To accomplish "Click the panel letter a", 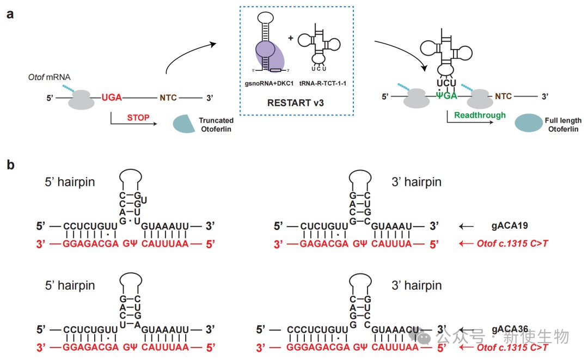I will pos(10,14).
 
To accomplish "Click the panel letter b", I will pos(10,164).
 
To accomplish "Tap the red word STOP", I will pos(138,117).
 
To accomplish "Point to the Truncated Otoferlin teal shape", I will pos(185,124).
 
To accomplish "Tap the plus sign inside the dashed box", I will pos(291,38).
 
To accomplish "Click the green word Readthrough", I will pos(473,115).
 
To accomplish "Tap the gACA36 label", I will pos(510,330).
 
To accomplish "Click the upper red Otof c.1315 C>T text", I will pos(512,243).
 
